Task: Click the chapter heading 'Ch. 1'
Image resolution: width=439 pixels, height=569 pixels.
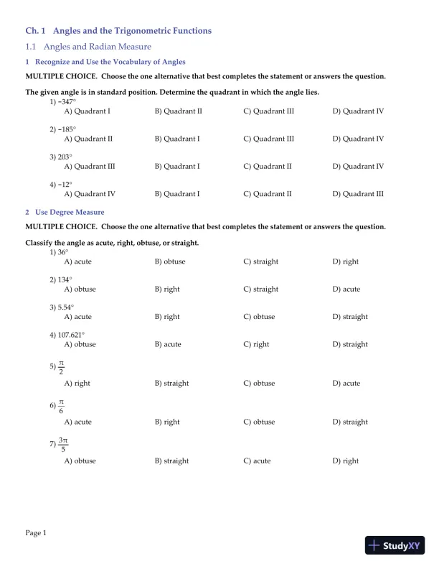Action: (x=35, y=31)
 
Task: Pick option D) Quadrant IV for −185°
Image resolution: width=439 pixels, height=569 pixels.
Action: (x=358, y=139)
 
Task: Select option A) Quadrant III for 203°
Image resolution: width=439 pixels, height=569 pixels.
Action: (x=89, y=166)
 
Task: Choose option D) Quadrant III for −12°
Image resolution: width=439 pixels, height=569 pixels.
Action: (x=358, y=193)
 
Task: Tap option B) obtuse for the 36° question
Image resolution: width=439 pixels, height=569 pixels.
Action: (x=170, y=262)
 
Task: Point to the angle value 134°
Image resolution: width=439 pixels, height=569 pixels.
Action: (x=65, y=279)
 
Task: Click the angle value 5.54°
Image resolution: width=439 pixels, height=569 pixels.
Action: (x=66, y=307)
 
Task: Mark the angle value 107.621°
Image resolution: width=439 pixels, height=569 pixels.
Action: (x=71, y=335)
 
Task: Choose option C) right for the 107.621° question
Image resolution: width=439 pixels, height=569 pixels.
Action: (x=256, y=344)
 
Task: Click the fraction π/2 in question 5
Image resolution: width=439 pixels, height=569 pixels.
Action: (x=61, y=367)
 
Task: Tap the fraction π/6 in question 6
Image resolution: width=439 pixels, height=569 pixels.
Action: (x=61, y=406)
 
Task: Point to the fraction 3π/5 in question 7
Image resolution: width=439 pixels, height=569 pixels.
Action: (x=63, y=445)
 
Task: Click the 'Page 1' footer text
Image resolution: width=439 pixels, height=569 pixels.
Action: (x=36, y=532)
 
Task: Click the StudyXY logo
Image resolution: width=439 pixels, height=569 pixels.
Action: (x=394, y=545)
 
